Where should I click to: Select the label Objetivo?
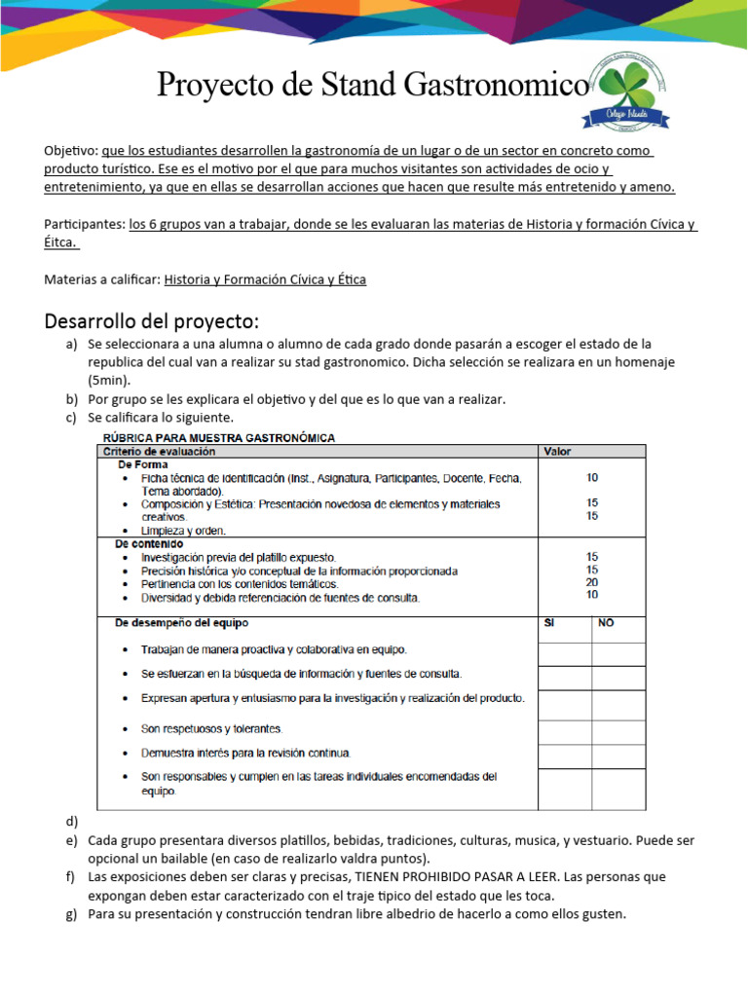[x=70, y=151]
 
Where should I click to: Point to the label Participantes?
[x=84, y=224]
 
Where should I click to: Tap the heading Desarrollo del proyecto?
[x=152, y=321]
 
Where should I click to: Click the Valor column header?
[x=558, y=451]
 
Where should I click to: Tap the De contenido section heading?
[x=147, y=543]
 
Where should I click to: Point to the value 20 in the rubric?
[x=592, y=582]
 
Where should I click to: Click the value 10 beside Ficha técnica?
[x=592, y=478]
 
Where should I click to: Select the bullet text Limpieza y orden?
[x=183, y=531]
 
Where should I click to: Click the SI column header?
[x=548, y=622]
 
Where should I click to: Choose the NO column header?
[x=606, y=622]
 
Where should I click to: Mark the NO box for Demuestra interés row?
[x=617, y=755]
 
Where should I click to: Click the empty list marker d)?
[x=71, y=822]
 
